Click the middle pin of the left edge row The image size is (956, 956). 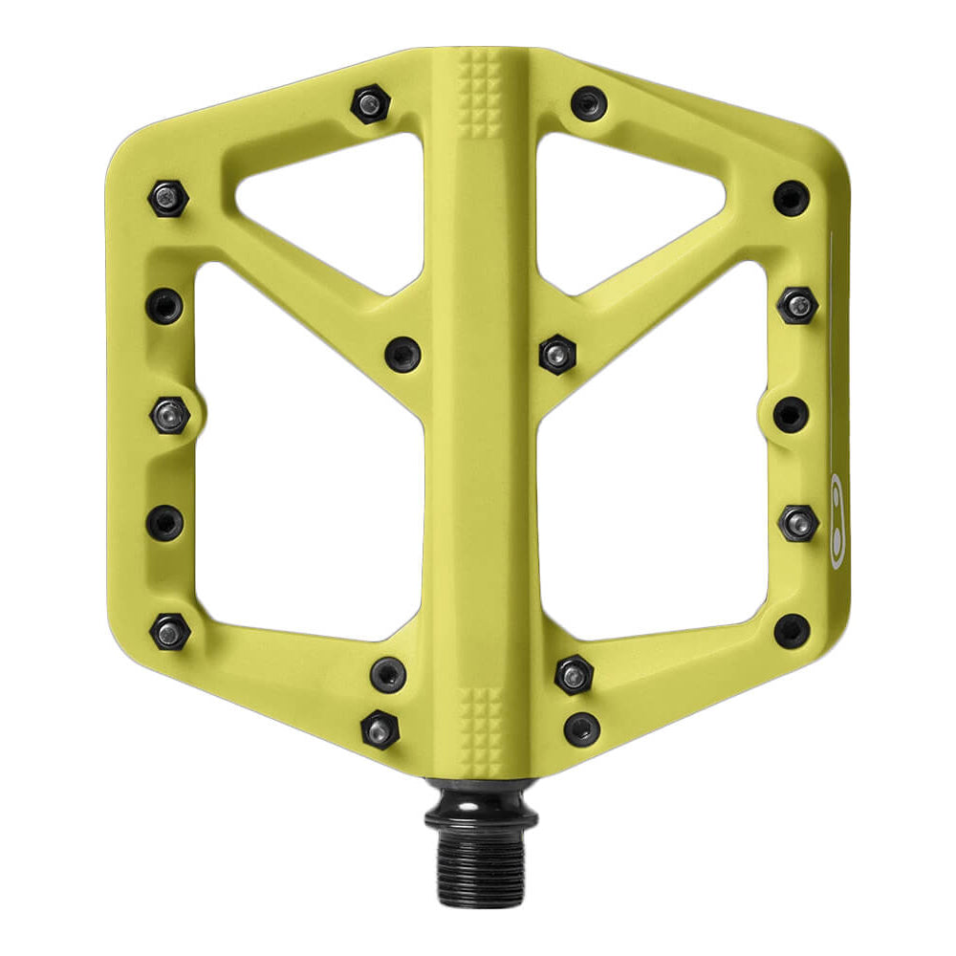[170, 415]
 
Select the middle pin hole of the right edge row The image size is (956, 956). [790, 415]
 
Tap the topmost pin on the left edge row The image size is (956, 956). [168, 198]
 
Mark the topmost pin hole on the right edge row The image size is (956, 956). [792, 198]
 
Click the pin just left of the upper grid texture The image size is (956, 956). [369, 103]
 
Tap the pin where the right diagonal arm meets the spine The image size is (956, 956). [555, 354]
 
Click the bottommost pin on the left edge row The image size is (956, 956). [170, 631]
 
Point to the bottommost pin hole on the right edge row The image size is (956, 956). [792, 631]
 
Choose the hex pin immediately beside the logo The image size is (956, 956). [798, 522]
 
